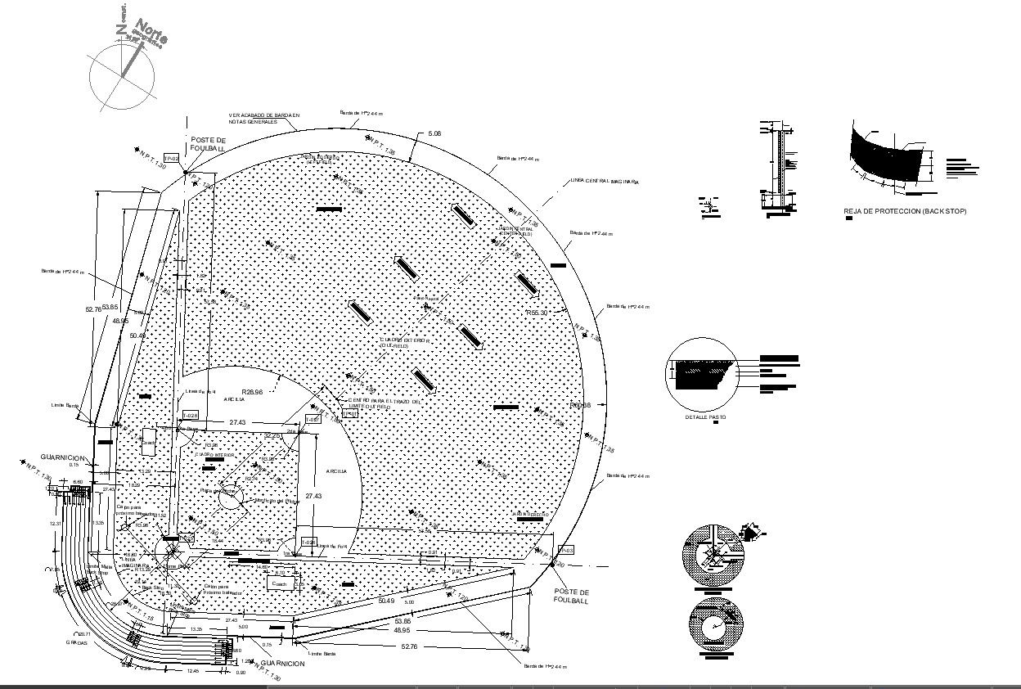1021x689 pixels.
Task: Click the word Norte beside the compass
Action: (152, 34)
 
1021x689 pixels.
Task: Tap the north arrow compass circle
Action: (121, 79)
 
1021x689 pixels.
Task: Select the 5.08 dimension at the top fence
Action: (434, 133)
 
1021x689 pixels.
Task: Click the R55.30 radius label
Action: (537, 313)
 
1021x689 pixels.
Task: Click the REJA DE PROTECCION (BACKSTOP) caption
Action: (905, 211)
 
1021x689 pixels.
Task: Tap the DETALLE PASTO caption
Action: (705, 417)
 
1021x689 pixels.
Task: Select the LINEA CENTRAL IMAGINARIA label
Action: (602, 181)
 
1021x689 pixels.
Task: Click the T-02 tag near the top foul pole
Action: (172, 158)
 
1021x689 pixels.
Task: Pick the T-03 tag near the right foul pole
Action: (566, 549)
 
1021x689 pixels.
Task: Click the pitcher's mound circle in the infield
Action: (230, 493)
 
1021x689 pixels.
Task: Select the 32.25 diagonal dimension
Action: (272, 436)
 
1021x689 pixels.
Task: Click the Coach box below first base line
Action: (280, 583)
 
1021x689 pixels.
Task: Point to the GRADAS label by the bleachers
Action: (77, 642)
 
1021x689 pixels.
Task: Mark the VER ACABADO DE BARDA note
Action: (264, 119)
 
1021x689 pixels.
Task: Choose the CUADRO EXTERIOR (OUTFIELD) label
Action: (403, 342)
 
